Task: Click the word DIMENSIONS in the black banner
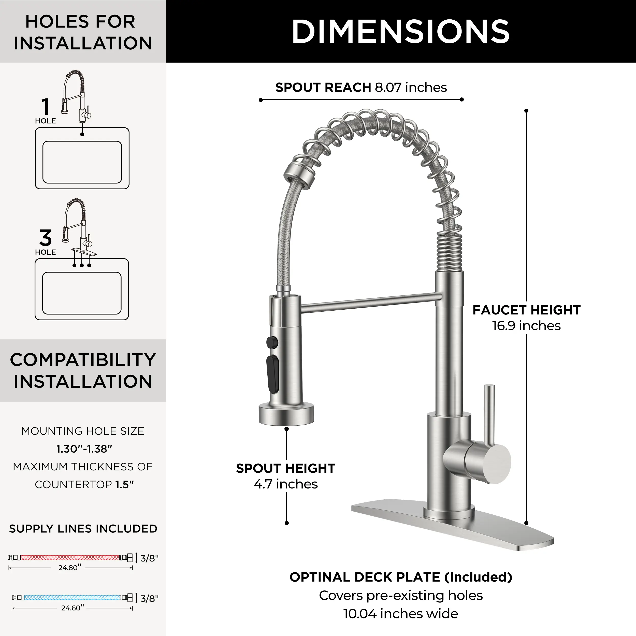(401, 31)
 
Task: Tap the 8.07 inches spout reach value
(411, 87)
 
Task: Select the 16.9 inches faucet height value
(526, 326)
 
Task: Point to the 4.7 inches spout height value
(286, 484)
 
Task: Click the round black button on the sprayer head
(272, 342)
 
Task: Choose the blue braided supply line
(72, 598)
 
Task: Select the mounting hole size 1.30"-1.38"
(84, 449)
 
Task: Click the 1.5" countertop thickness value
(125, 485)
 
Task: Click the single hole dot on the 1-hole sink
(82, 134)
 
